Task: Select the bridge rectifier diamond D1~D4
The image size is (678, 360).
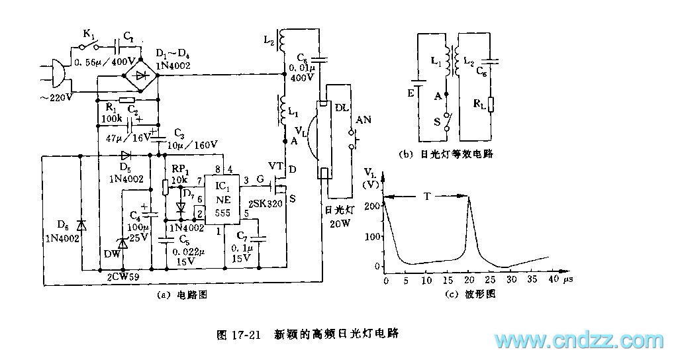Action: coord(140,75)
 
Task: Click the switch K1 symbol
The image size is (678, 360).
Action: coord(86,47)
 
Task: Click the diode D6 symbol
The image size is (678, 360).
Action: coord(80,224)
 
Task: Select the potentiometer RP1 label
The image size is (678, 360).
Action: coord(179,169)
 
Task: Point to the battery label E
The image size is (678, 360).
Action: coord(411,94)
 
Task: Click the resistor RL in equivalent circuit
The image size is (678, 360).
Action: coord(491,104)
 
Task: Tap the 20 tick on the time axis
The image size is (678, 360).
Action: coord(467,281)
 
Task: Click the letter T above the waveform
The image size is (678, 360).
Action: coord(428,196)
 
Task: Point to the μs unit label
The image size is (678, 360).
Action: coord(567,281)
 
